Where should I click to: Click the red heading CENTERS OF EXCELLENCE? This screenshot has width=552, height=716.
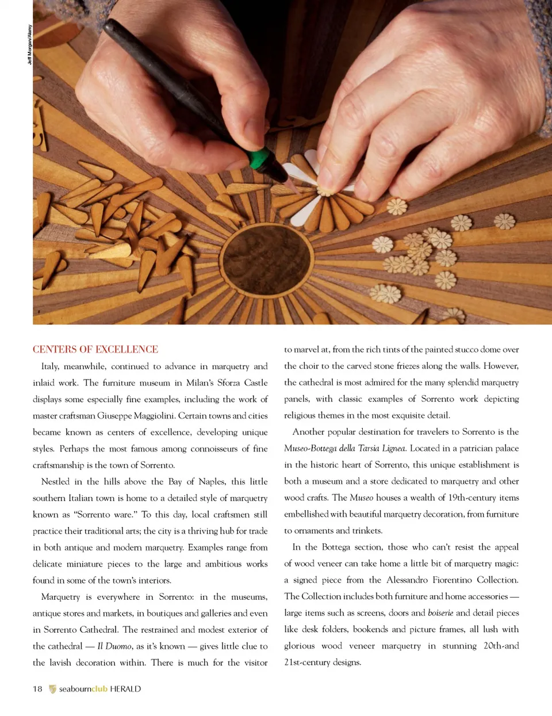(x=95, y=349)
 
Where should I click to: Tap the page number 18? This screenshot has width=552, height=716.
(x=37, y=689)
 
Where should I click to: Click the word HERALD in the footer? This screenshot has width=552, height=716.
(x=125, y=689)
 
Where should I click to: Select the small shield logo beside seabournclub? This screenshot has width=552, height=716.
(x=52, y=689)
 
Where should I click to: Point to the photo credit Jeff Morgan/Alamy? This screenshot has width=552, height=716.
(x=30, y=44)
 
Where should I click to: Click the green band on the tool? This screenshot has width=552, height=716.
(x=262, y=157)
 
